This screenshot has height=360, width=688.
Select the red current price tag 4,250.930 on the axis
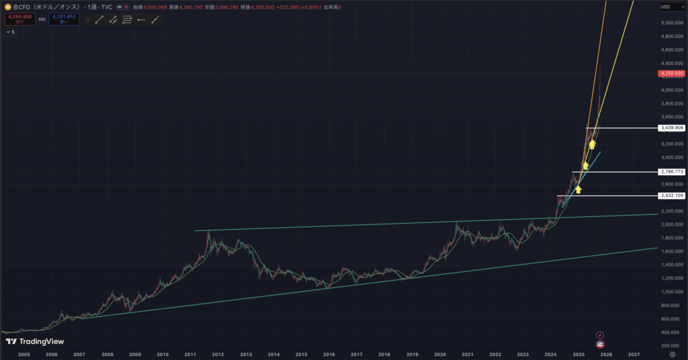tap(672, 73)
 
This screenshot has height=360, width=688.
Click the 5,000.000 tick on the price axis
tap(672, 23)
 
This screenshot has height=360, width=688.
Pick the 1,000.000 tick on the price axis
tap(672, 291)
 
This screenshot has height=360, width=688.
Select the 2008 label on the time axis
tap(107, 353)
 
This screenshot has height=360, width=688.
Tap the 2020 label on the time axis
tap(439, 353)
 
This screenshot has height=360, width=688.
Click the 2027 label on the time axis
tap(633, 353)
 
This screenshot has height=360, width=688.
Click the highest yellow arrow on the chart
tap(592, 144)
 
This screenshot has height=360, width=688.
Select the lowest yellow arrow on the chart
tap(578, 189)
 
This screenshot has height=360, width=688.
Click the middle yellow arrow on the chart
tap(585, 165)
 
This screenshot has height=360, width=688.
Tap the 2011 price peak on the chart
tap(208, 232)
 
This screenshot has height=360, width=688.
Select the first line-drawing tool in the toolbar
tap(99, 19)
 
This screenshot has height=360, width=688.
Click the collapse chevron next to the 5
tap(7, 32)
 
